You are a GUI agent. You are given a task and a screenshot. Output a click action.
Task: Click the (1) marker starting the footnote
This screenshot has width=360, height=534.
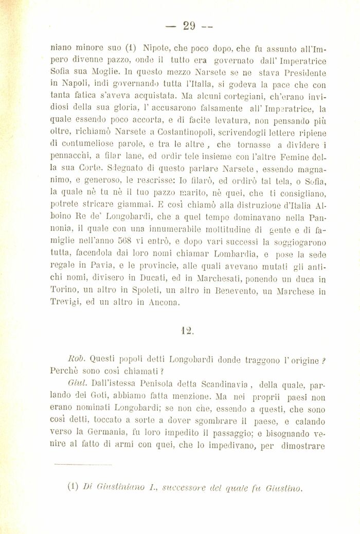[x=74, y=489]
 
